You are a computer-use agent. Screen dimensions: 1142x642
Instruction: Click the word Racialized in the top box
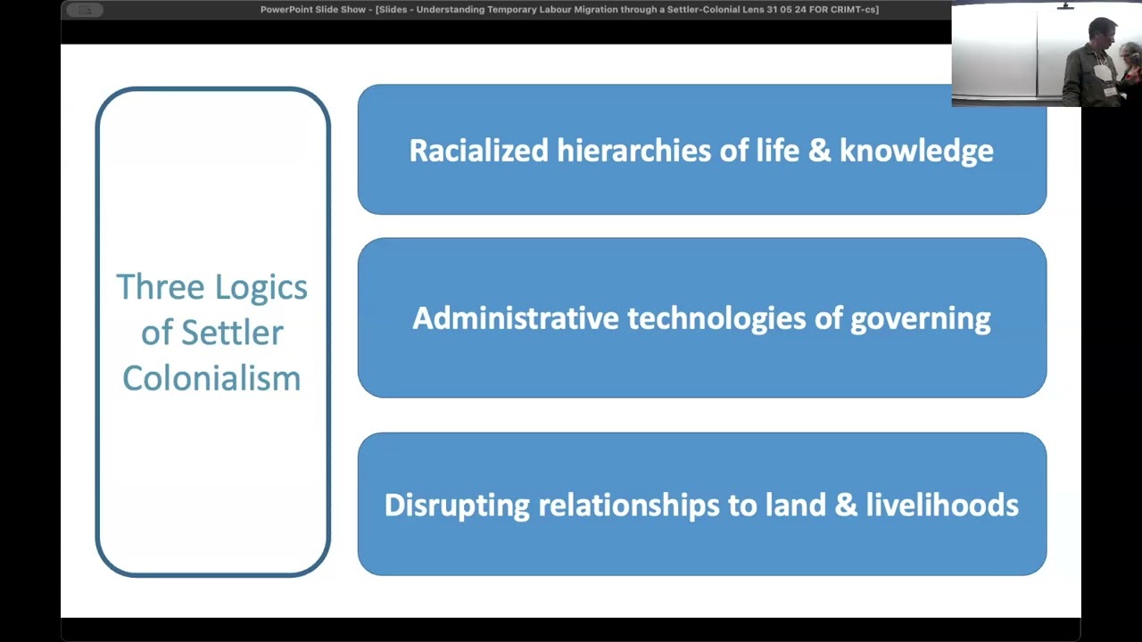tap(479, 151)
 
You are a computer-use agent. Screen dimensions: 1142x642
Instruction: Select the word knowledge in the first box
tap(916, 152)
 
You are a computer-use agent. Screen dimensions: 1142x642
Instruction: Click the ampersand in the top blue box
tap(819, 152)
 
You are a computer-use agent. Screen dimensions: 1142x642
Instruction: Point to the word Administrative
tap(516, 318)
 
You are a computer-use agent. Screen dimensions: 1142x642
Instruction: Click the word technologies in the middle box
tap(716, 319)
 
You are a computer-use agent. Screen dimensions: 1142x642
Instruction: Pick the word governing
tap(921, 320)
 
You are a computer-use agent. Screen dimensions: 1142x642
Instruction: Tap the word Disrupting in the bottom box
tap(457, 506)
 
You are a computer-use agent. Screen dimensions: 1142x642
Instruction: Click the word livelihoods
tap(942, 505)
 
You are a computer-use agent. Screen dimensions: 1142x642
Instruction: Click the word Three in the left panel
tap(161, 286)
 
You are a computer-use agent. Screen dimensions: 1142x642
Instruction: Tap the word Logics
tap(261, 288)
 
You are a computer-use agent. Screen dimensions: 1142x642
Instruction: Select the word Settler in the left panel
tap(233, 333)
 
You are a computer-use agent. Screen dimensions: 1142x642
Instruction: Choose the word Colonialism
tap(211, 379)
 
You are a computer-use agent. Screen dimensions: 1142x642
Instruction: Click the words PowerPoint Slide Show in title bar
tap(313, 10)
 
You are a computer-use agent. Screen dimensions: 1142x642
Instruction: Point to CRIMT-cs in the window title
tap(854, 10)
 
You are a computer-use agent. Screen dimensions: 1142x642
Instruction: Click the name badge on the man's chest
tap(1102, 73)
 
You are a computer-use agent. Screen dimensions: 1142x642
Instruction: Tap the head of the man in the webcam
tap(1102, 33)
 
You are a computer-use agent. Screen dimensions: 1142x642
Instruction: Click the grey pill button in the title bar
tap(85, 10)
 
